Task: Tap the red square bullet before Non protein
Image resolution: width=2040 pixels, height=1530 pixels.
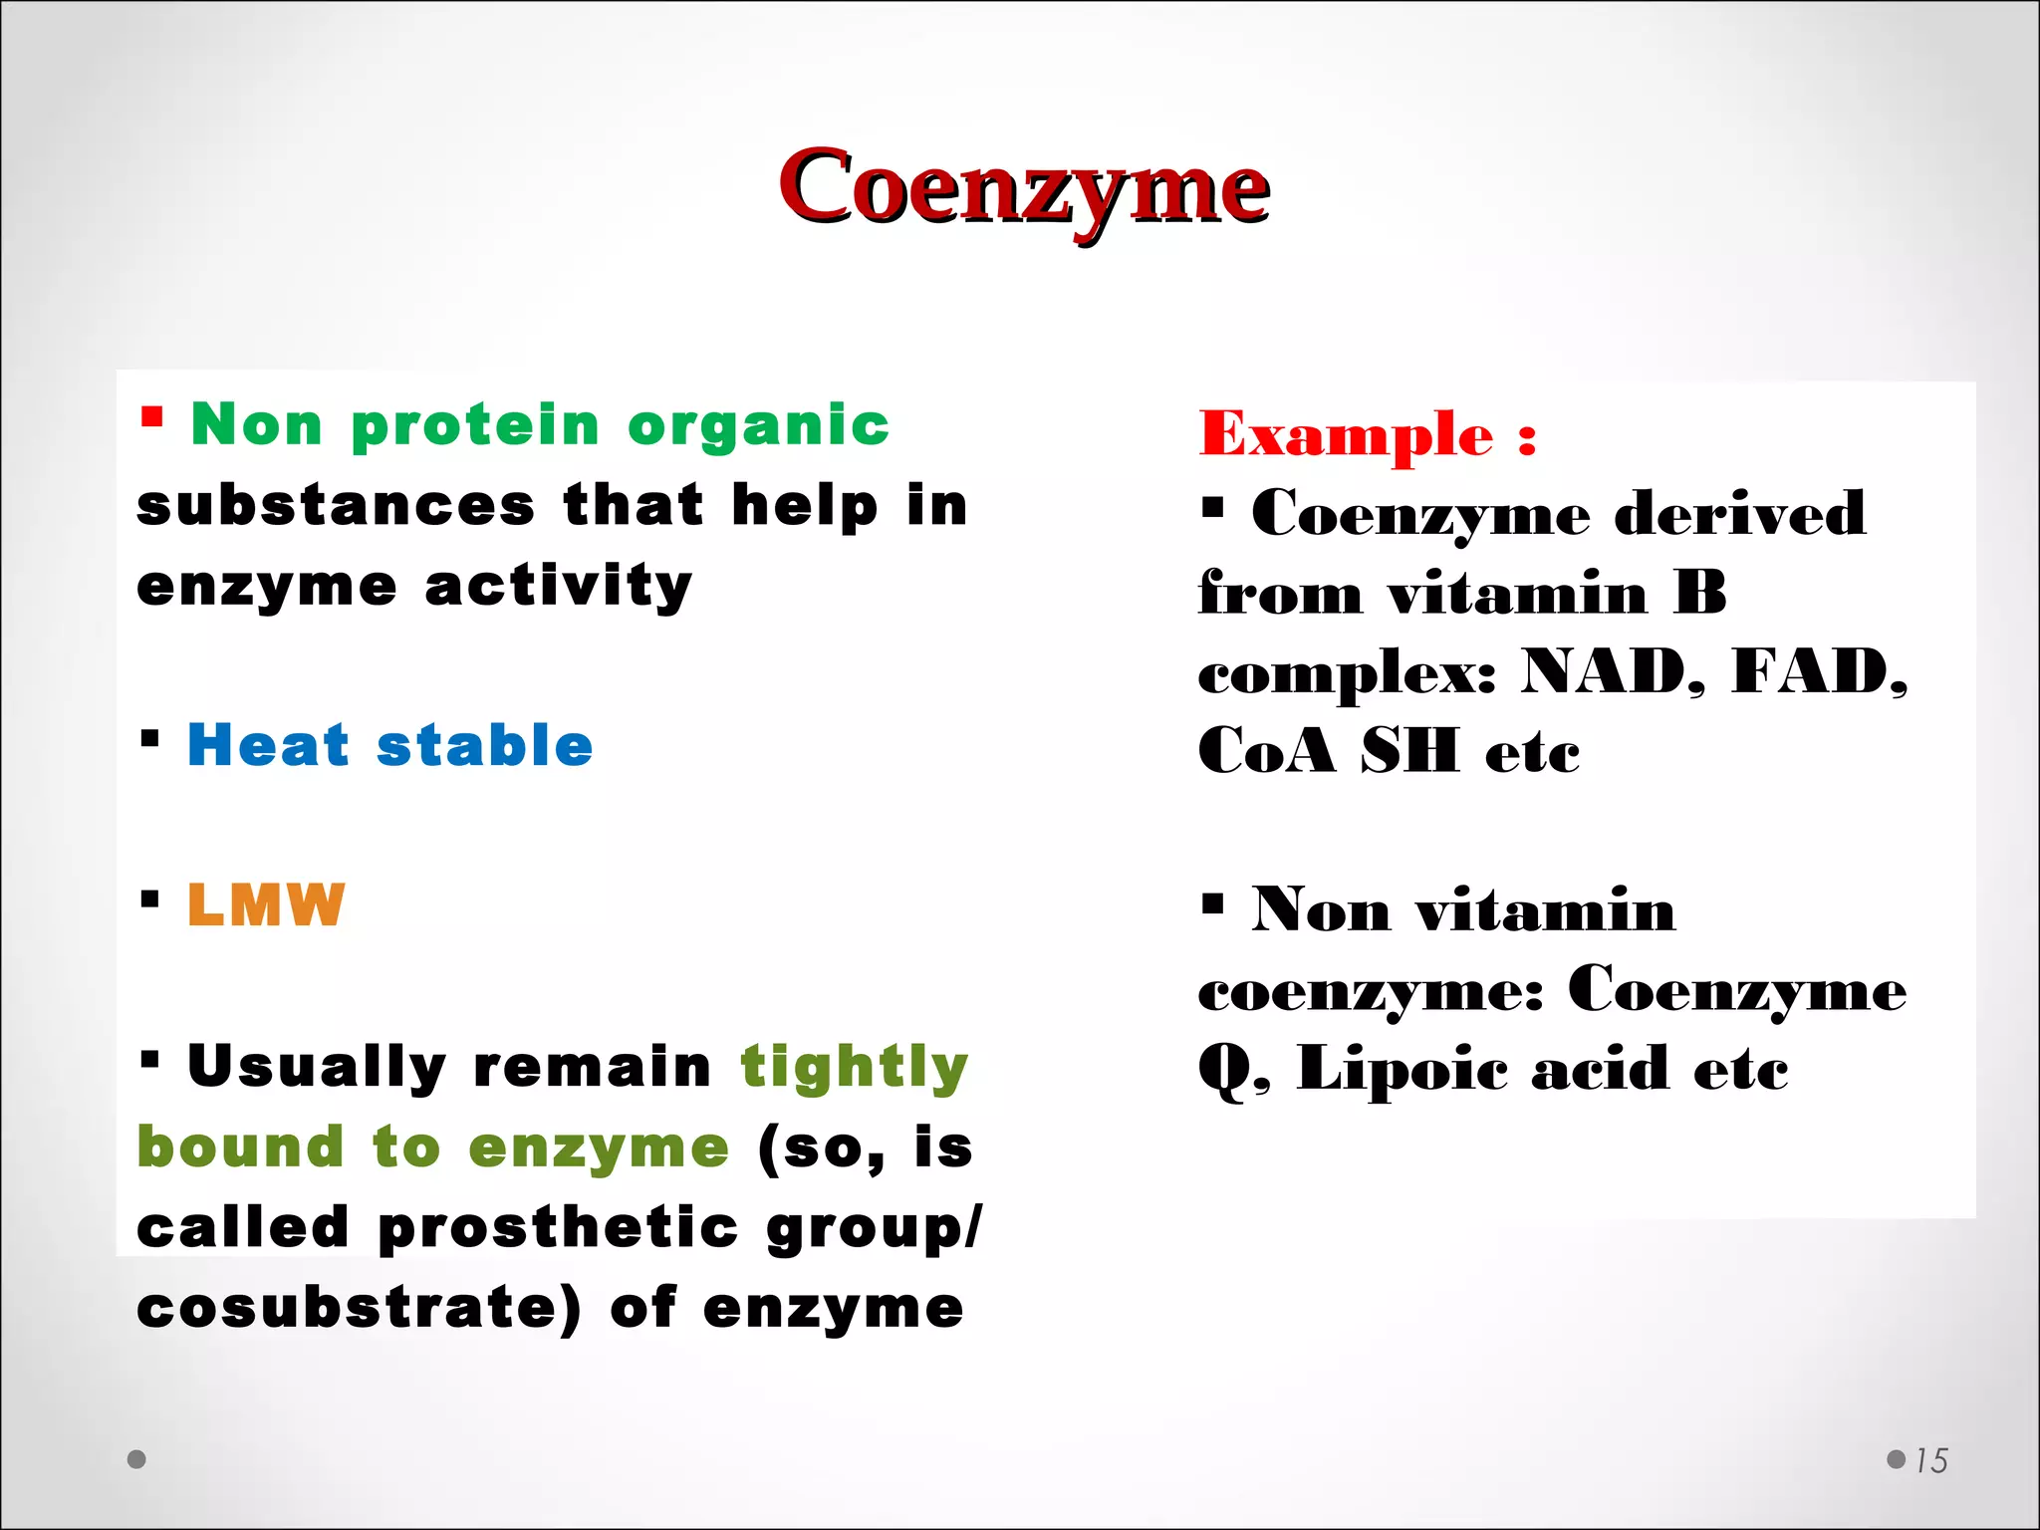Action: click(151, 415)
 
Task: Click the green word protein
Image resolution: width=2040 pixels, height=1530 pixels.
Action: click(475, 426)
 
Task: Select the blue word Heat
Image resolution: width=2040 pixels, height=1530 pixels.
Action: click(268, 745)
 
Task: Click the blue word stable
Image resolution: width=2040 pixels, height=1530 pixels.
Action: click(484, 745)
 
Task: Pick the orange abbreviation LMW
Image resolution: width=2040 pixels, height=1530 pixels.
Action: click(266, 904)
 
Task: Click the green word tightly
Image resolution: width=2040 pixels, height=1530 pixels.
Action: click(855, 1068)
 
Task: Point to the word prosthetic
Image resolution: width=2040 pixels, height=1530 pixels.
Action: click(558, 1227)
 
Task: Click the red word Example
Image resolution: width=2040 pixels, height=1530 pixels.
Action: click(1346, 434)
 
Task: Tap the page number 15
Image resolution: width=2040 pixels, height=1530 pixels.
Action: click(1930, 1460)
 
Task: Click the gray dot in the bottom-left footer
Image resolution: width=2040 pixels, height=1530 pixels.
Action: click(137, 1459)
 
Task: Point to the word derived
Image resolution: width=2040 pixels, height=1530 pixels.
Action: click(1739, 514)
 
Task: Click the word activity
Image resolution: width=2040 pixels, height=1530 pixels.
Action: click(558, 586)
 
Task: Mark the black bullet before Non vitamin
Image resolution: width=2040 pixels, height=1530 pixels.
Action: click(1212, 904)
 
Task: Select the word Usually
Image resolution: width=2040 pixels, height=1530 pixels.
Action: click(317, 1068)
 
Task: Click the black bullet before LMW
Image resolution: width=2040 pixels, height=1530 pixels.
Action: click(150, 899)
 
